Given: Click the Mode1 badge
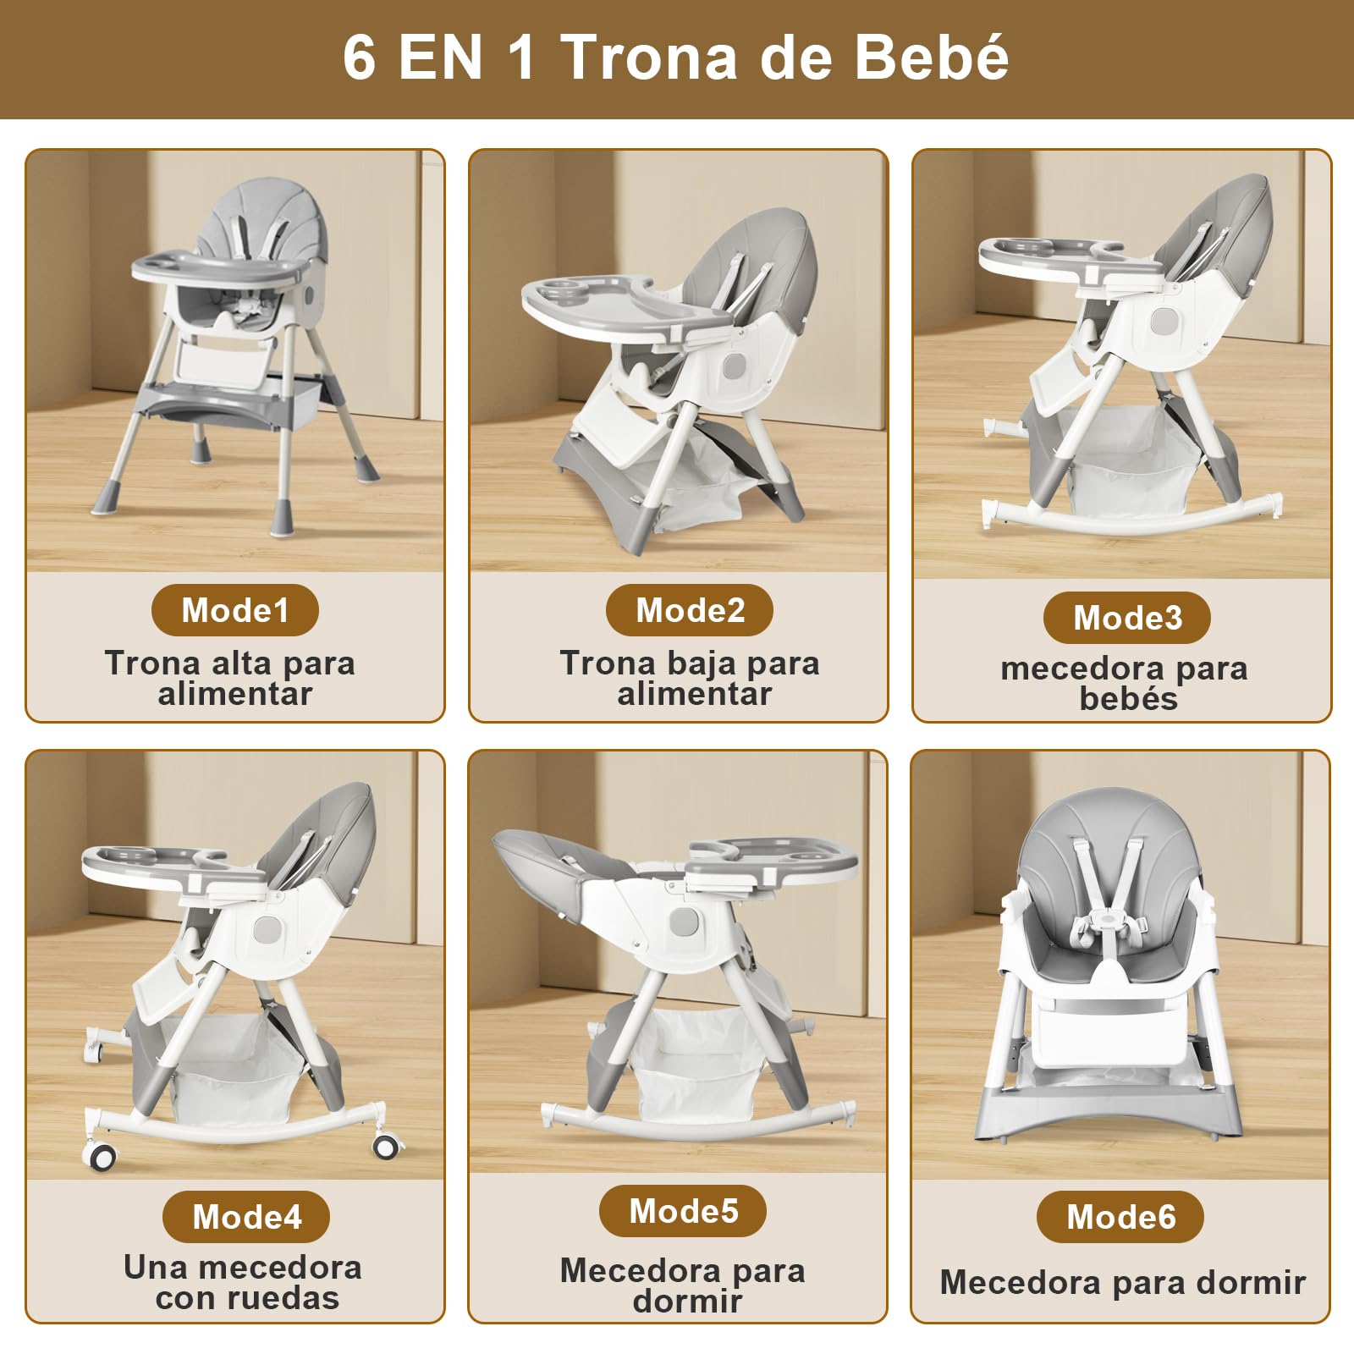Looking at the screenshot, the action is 235,610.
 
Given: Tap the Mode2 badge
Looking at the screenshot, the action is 690,610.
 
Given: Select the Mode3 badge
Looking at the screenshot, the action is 1127,618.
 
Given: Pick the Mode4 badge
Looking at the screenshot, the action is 246,1217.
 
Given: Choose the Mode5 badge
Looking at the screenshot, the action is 683,1211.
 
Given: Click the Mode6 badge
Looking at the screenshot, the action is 1120,1217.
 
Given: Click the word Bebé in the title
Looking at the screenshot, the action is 931,58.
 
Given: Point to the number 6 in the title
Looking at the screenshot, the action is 360,58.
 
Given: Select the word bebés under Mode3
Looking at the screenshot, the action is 1129,698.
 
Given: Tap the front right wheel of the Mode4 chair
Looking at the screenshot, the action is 386,1147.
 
